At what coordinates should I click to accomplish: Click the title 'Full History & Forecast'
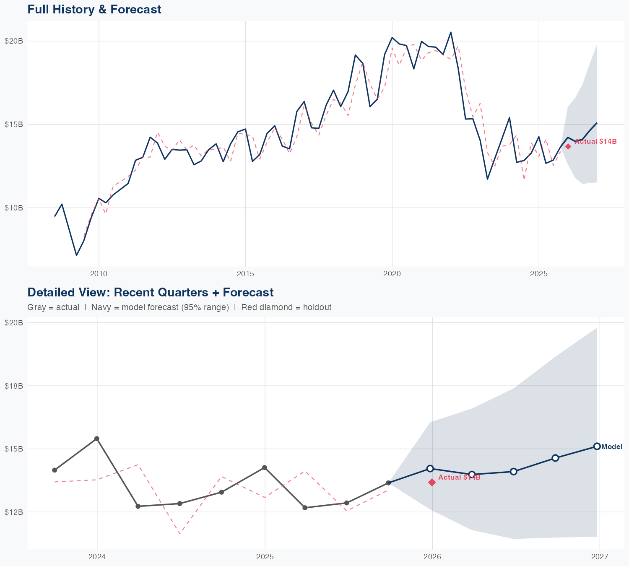coord(94,9)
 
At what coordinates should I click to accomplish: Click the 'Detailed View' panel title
coord(150,292)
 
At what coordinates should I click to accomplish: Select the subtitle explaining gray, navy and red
coord(179,307)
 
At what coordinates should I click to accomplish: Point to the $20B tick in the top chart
coord(14,41)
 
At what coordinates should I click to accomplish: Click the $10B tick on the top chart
coord(14,208)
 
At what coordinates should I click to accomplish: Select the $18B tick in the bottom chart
coord(14,386)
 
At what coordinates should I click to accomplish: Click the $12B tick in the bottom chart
coord(14,512)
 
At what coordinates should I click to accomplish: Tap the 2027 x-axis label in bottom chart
coord(600,557)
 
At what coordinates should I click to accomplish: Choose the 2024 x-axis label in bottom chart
coord(97,557)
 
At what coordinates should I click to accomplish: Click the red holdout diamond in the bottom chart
coord(432,482)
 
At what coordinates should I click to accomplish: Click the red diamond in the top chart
coord(568,146)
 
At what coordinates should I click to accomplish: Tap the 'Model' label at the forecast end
coord(612,447)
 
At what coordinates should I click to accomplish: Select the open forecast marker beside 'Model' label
coord(597,446)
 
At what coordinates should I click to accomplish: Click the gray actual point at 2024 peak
coord(96,439)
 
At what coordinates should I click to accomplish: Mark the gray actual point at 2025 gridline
coord(264,467)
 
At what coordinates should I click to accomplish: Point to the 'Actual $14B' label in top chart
coord(595,142)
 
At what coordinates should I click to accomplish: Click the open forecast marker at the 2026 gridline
coord(430,468)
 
